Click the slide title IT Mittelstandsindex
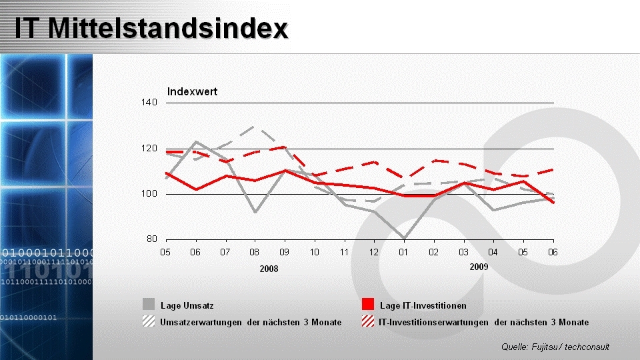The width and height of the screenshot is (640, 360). coord(151,28)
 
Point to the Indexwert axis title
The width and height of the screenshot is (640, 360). coord(192,91)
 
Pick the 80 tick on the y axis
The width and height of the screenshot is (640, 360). coord(151,239)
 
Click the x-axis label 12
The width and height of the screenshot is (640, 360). coord(374,252)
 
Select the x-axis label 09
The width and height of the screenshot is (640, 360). coord(285,252)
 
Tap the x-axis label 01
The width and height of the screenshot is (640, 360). coord(404,252)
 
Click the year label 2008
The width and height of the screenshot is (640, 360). coord(269,269)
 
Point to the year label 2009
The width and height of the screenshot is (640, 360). coord(479,267)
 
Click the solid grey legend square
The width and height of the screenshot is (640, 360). coord(149,305)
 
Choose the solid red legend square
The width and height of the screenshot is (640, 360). coord(367,305)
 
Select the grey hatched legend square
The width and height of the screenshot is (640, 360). coord(149,322)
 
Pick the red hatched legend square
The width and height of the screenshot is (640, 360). coord(367,322)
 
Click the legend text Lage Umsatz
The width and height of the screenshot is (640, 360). coord(187,305)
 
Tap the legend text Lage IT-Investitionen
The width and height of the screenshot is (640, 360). coord(423,305)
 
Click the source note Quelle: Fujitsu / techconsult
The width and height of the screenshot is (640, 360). coord(555,347)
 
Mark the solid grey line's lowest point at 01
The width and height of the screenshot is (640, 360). coord(404,238)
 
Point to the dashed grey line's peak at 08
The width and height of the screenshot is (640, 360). coord(255,125)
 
